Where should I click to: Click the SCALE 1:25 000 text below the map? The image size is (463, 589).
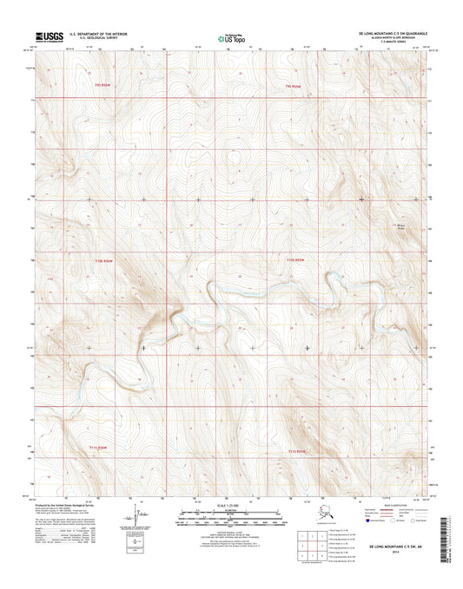(x=230, y=506)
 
